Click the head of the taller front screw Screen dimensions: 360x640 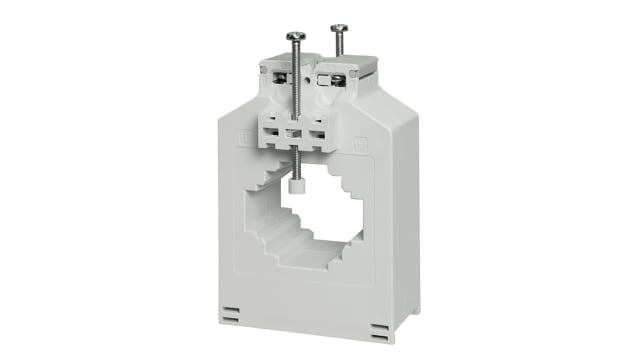pos(296,36)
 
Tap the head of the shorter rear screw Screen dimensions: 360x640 pos(339,29)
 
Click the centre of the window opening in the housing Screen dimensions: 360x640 pos(310,215)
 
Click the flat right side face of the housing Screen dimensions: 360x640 pos(406,220)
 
